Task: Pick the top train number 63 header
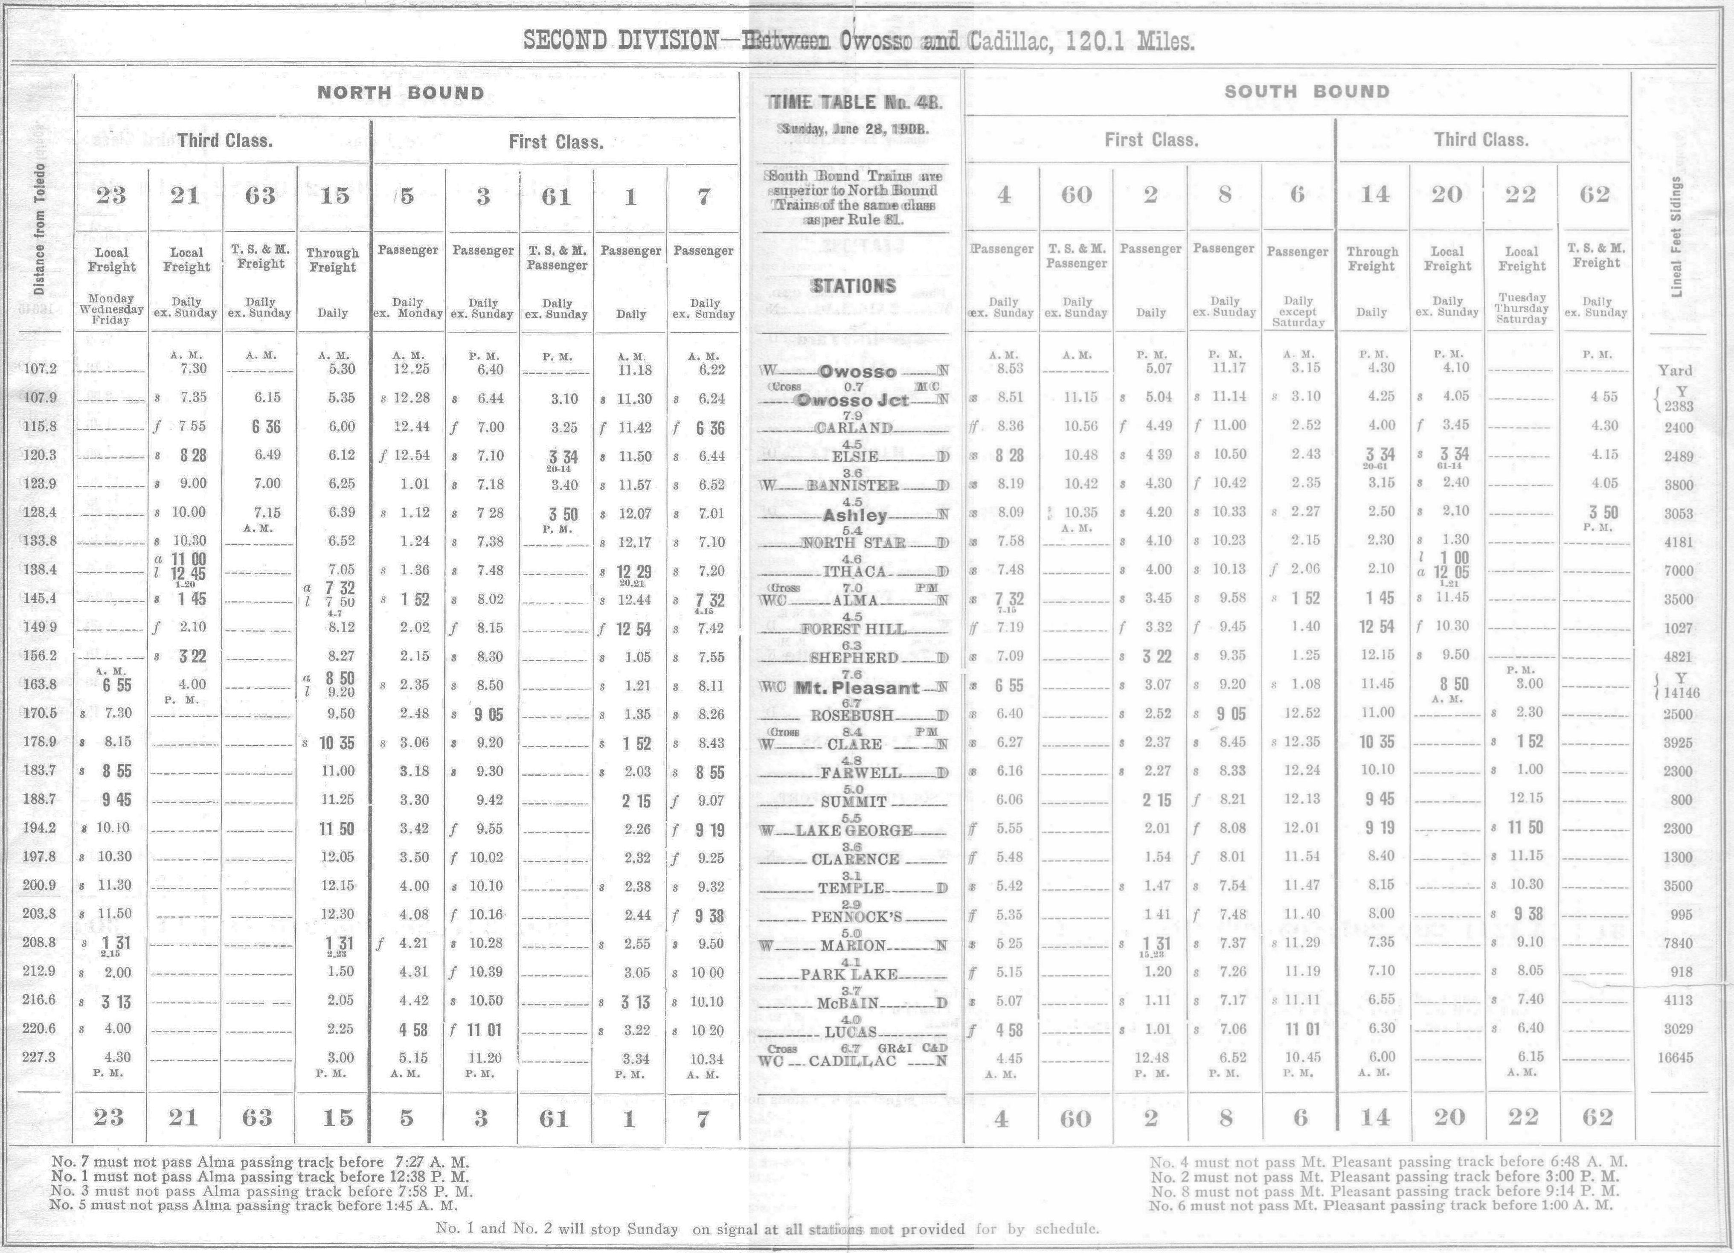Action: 259,196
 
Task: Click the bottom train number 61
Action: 554,1119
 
